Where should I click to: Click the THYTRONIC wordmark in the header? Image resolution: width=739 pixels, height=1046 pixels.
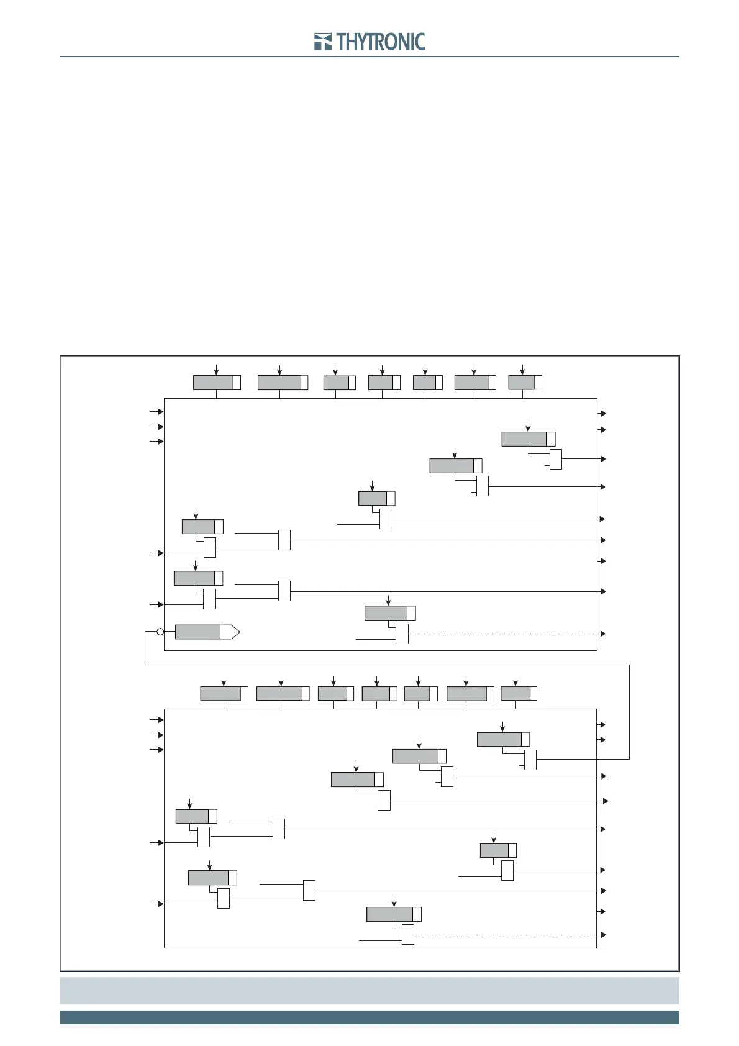(x=381, y=42)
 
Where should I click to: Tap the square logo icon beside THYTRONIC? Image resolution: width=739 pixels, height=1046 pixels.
(x=323, y=42)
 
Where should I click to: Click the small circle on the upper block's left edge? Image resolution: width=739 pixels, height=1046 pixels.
(x=160, y=632)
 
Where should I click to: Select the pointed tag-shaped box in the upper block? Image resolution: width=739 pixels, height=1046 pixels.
(x=207, y=632)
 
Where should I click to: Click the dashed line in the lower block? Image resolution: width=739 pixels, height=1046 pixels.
(x=506, y=934)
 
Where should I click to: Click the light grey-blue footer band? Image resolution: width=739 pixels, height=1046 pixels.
(x=369, y=990)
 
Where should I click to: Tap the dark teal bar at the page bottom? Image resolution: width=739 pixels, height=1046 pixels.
(x=369, y=1017)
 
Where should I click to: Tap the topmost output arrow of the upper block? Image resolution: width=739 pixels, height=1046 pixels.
(x=602, y=413)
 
